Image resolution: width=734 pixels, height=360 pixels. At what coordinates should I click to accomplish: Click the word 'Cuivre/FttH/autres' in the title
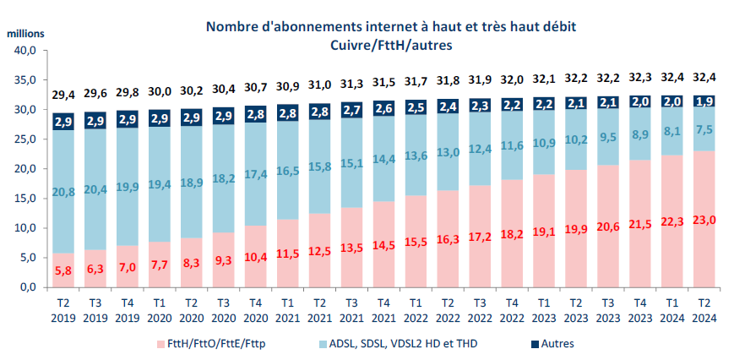coord(367,44)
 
